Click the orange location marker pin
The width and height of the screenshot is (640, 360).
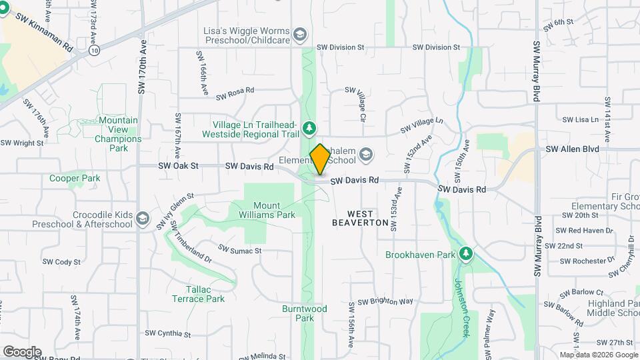[320, 159]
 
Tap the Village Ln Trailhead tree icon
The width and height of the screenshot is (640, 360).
[308, 127]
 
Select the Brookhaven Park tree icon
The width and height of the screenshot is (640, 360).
[466, 253]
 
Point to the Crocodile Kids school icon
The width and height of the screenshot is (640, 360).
[142, 219]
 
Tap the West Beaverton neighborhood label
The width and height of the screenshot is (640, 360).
[359, 218]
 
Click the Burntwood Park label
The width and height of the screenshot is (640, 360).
[304, 313]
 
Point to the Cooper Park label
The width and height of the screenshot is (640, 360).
[75, 178]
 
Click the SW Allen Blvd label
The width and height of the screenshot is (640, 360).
[571, 149]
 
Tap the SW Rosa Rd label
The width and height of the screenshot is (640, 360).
[235, 93]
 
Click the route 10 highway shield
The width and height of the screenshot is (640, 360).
[95, 50]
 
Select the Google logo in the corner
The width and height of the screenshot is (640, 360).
[22, 351]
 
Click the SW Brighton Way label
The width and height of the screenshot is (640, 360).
[385, 301]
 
